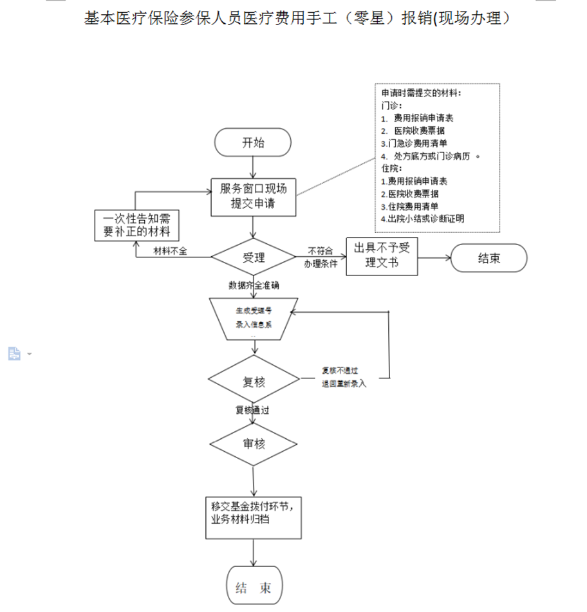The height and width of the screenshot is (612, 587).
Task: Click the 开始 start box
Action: [x=253, y=143]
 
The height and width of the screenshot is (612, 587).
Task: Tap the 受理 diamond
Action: [x=254, y=257]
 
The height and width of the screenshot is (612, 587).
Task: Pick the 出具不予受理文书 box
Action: [x=382, y=257]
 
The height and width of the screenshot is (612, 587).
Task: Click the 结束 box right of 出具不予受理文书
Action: [x=489, y=258]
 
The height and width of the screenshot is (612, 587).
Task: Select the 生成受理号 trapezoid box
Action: [x=253, y=318]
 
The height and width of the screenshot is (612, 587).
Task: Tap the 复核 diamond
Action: [x=254, y=382]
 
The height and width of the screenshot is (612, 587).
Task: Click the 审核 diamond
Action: [x=253, y=443]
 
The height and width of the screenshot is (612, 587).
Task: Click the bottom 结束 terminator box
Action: [x=254, y=588]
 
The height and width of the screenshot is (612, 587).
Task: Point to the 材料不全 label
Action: [x=170, y=251]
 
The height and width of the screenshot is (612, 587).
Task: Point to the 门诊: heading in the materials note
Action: [x=389, y=106]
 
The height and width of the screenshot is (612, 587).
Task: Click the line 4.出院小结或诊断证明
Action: [x=422, y=218]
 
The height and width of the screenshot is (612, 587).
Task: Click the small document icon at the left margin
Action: [x=14, y=353]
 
